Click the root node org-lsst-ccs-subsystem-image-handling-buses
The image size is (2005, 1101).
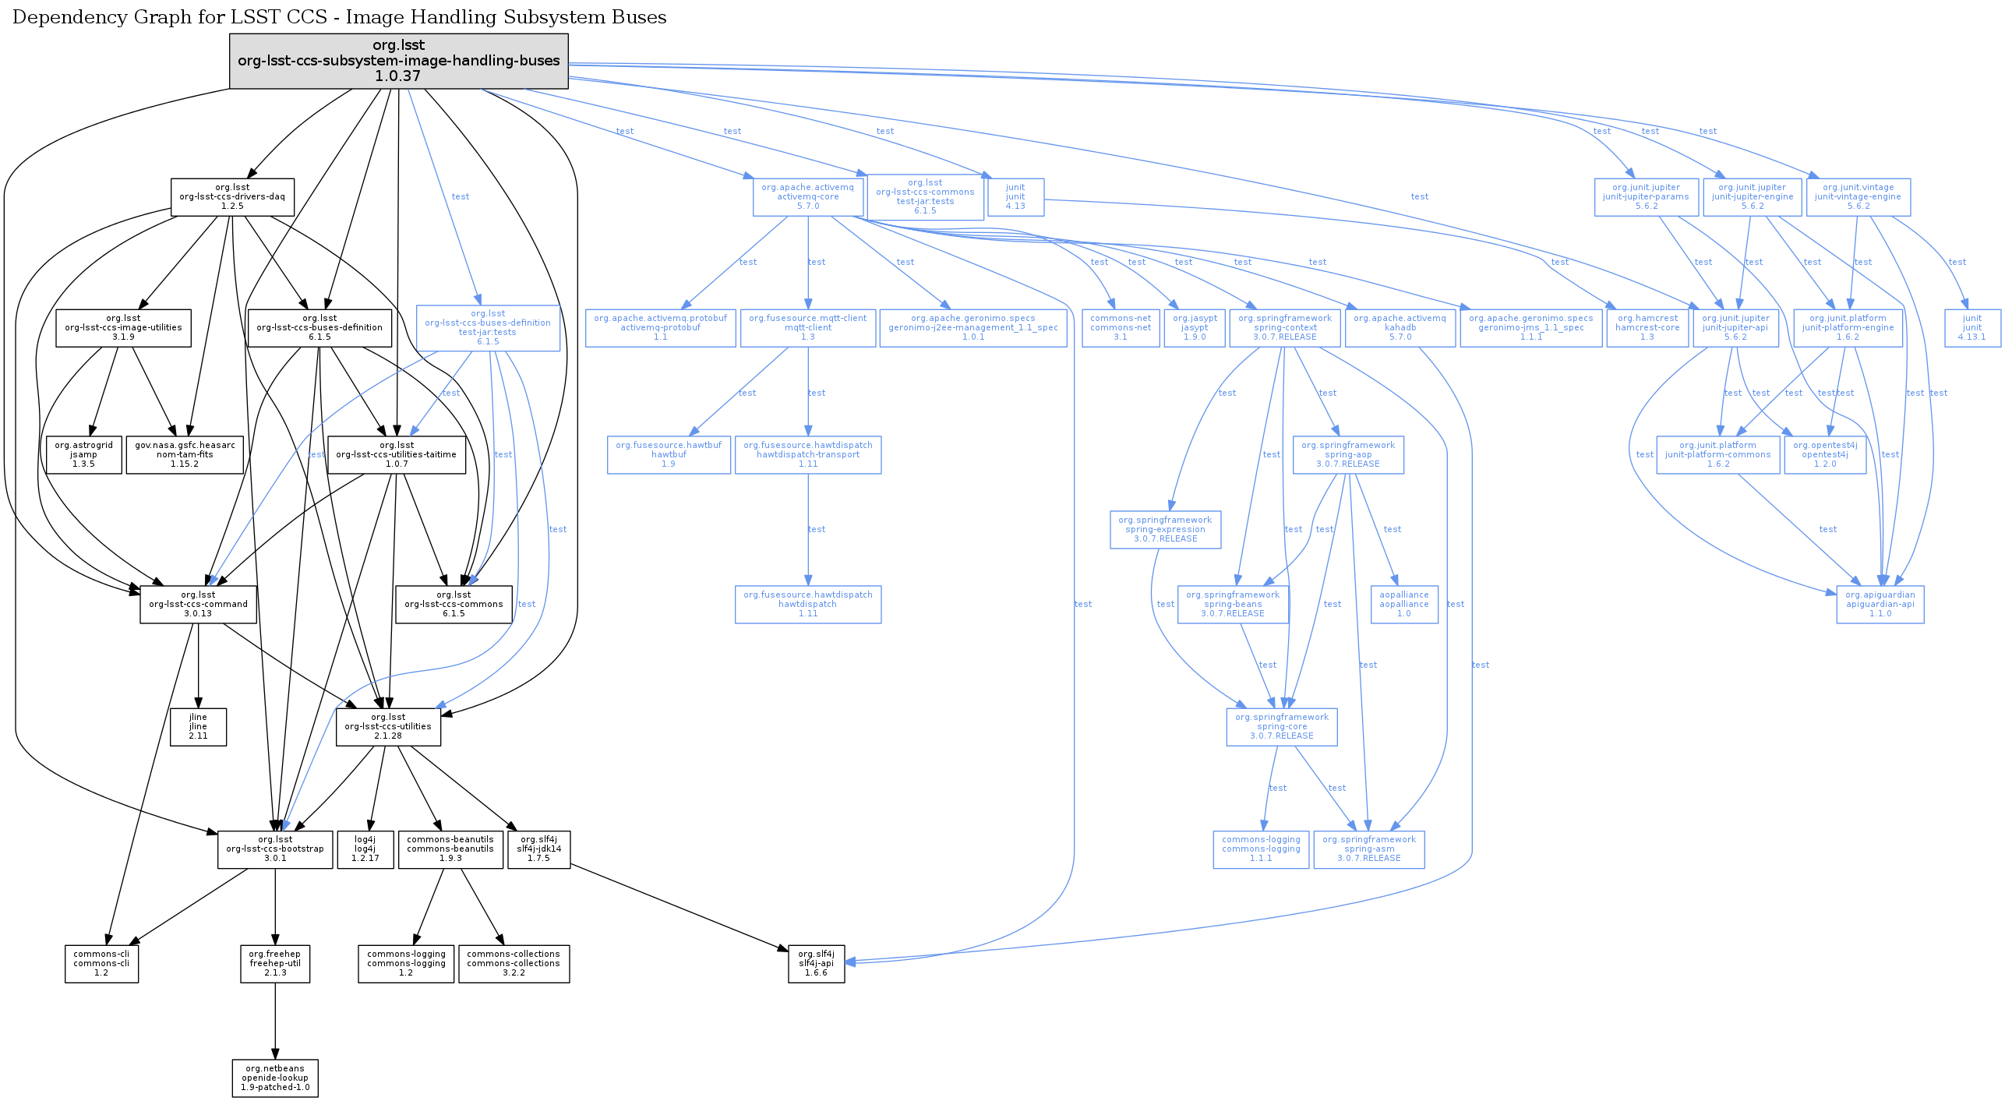398,61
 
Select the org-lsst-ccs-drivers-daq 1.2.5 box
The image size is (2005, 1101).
232,197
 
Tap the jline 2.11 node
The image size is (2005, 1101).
198,726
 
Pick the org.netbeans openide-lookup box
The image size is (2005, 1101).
275,1078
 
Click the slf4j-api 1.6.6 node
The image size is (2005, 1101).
816,963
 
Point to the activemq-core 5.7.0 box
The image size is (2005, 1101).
808,197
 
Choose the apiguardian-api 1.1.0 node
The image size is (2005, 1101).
1880,604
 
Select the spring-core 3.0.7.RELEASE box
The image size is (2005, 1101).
1281,726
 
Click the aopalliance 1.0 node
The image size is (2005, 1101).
1403,604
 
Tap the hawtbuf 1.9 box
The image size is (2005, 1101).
669,454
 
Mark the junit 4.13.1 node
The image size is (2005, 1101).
1971,327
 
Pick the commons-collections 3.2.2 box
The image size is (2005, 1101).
514,963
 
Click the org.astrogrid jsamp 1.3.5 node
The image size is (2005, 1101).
83,454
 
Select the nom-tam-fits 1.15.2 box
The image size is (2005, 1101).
185,454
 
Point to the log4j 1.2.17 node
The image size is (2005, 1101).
365,849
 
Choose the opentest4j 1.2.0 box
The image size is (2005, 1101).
1824,454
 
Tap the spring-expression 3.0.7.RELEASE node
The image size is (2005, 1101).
1165,529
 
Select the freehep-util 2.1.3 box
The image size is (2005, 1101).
275,963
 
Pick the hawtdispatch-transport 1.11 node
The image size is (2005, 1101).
808,454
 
